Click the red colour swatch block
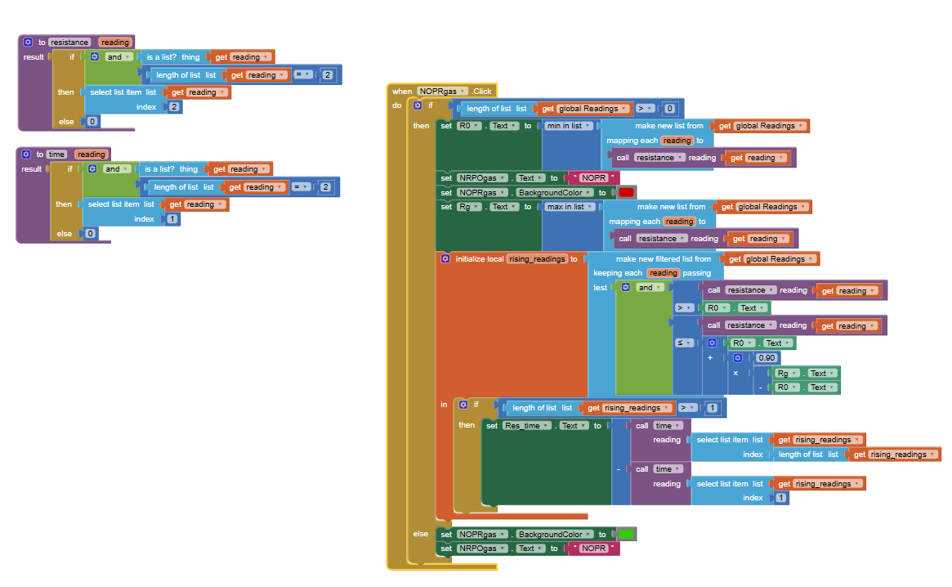(626, 193)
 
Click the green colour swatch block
(626, 534)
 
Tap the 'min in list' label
(565, 126)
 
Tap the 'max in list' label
(566, 207)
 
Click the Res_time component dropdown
(525, 426)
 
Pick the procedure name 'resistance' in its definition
(69, 43)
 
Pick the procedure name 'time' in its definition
(56, 155)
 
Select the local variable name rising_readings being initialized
(538, 259)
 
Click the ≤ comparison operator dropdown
(684, 343)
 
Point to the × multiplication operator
(735, 372)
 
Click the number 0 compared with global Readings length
(670, 109)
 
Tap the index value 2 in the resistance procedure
(175, 107)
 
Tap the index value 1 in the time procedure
(172, 219)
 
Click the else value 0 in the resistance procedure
(92, 122)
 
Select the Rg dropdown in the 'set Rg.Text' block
(470, 207)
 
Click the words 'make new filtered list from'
(664, 259)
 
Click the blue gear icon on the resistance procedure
(27, 43)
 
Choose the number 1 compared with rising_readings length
(713, 408)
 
